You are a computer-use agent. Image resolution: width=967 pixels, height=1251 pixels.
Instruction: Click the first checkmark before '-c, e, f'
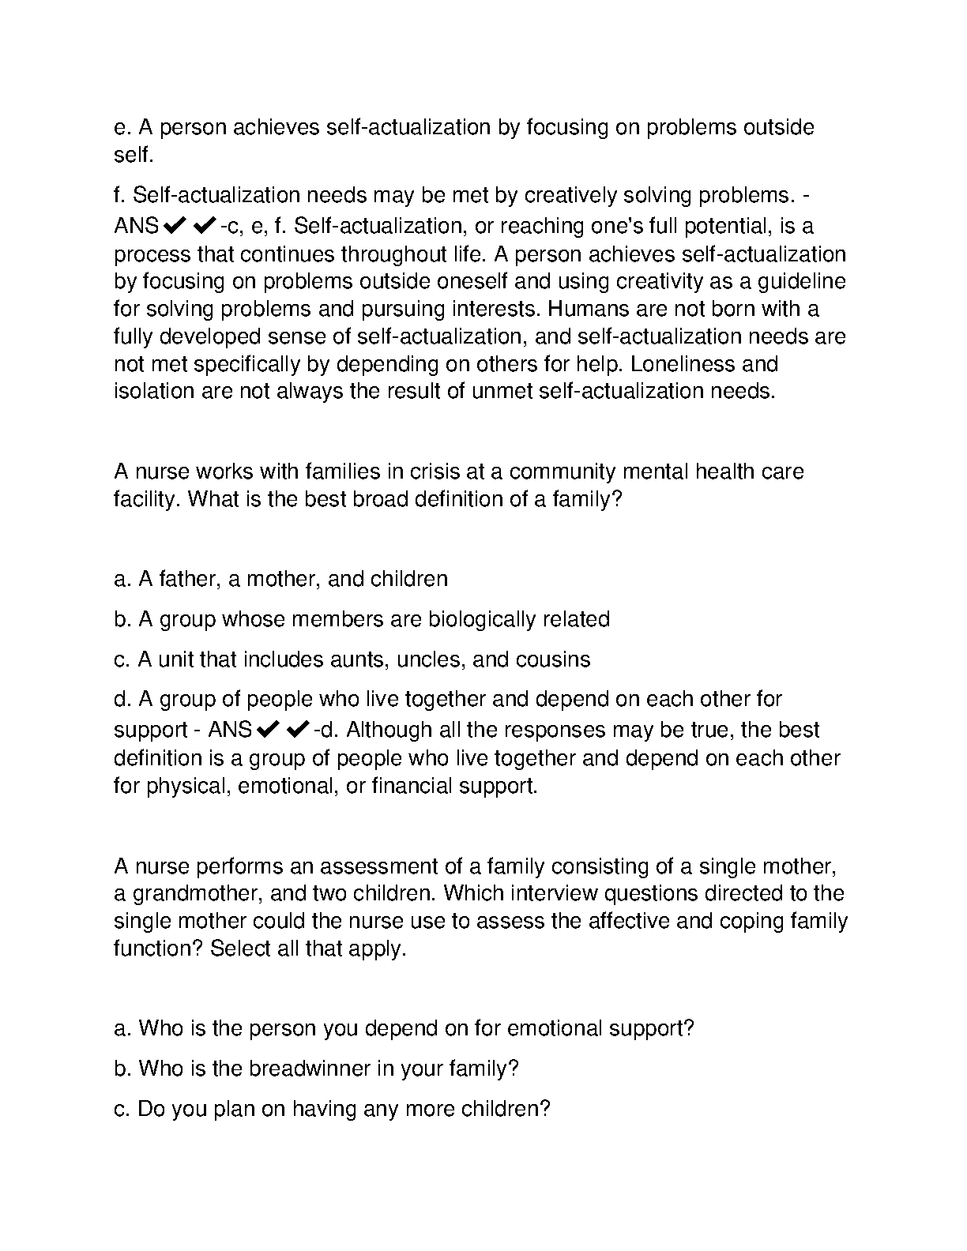click(x=175, y=227)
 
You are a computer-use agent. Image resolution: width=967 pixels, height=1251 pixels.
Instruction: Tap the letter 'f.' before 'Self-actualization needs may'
click(x=120, y=195)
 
